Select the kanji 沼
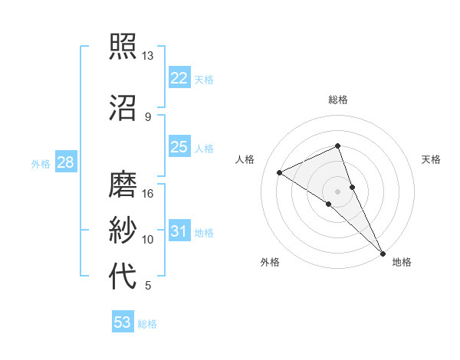coord(123,108)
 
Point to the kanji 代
coord(123,277)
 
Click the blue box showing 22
coord(179,78)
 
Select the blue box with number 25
coord(179,147)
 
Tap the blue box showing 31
coord(179,231)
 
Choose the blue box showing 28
coord(65,162)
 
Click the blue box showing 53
coord(123,322)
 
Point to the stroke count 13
coord(148,56)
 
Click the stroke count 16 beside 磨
coord(148,193)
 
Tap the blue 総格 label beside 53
coord(147,324)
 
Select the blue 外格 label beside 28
coord(41,164)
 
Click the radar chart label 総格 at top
coord(338,100)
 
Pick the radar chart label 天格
coord(431,159)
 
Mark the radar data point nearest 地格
coord(383,252)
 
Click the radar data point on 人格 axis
coord(280,172)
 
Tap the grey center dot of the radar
coord(337,191)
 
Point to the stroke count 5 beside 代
coord(148,286)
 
